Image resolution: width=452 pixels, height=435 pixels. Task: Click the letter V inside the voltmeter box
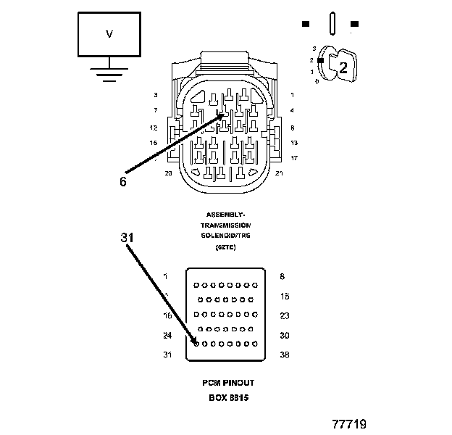(x=109, y=34)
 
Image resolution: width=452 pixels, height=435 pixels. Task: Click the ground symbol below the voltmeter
(x=109, y=73)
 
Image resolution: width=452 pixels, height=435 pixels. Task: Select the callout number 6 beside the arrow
(x=122, y=182)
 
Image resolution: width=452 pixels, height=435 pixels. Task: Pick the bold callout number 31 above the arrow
(x=127, y=237)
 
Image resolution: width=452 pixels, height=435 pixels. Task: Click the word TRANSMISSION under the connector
(x=226, y=225)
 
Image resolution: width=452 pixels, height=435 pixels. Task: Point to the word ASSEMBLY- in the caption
(x=226, y=215)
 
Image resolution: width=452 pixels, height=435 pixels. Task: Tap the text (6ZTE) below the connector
(x=226, y=247)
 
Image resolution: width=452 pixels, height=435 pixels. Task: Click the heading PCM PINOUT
(x=227, y=383)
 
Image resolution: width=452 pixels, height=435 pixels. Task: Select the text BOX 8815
(x=227, y=398)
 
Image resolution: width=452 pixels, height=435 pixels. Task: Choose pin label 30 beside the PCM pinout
(x=284, y=335)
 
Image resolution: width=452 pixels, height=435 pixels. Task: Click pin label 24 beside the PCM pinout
(x=167, y=335)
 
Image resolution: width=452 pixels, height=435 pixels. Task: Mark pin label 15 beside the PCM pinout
(x=284, y=296)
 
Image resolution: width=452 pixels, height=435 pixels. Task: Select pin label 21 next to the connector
(x=279, y=173)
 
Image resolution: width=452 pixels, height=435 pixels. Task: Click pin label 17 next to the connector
(x=293, y=157)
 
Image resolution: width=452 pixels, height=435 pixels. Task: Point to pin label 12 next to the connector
(x=154, y=127)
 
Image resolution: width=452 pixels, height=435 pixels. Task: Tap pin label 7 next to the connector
(x=155, y=110)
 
